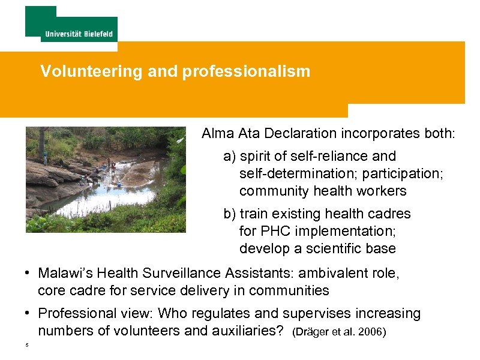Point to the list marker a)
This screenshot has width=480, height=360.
230,157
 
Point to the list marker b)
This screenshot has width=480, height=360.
230,214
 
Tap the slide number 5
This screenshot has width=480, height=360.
27,345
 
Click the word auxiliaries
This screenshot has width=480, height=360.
244,331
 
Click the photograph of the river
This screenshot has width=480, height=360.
106,179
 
